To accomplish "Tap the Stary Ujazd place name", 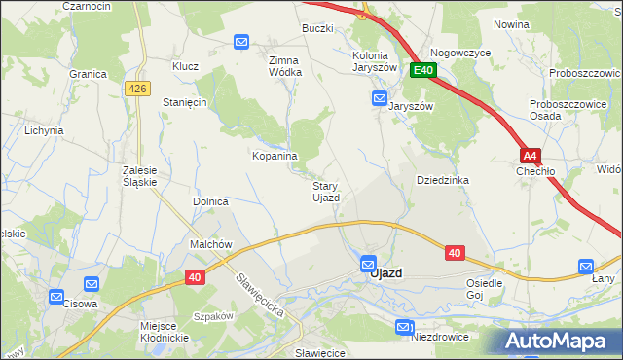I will tap(325, 192).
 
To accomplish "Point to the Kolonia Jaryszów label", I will tap(375, 61).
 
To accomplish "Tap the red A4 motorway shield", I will tap(530, 155).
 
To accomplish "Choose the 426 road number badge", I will tap(137, 89).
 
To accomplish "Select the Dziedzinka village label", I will tap(443, 180).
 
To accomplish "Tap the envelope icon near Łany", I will tap(585, 266).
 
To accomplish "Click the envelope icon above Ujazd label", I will tap(368, 263).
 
